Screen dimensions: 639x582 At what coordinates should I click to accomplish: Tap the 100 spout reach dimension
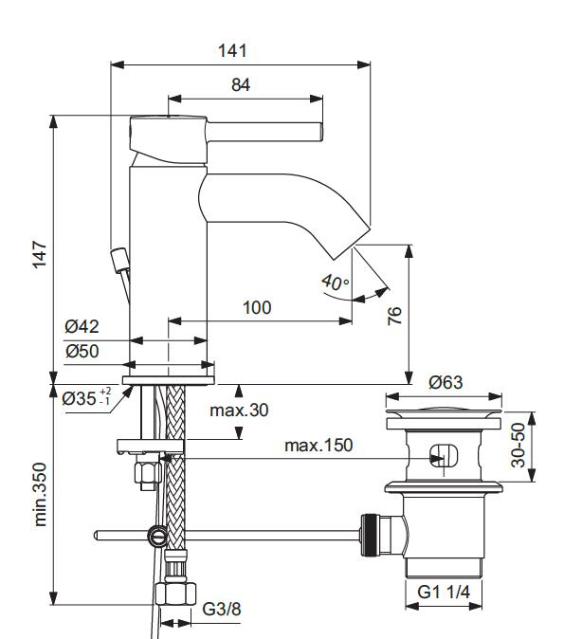coord(256,308)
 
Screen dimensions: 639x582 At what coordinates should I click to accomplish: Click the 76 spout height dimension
coord(394,315)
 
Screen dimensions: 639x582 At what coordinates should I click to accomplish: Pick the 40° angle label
coord(335,283)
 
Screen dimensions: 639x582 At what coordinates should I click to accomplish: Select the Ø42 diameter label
coord(82,327)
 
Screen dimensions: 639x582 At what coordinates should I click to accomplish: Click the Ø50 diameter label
coord(82,351)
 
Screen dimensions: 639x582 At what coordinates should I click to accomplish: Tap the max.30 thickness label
coord(240,411)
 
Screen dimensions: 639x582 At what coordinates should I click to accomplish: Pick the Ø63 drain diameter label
coord(446,383)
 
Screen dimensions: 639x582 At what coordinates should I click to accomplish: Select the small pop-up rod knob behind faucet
coord(118,257)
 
